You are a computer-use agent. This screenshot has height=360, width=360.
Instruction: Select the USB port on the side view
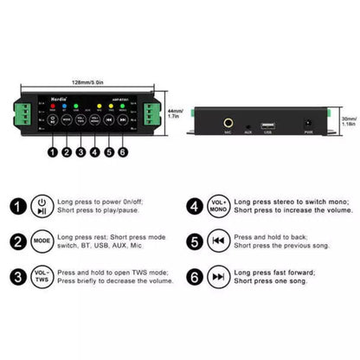[268, 125]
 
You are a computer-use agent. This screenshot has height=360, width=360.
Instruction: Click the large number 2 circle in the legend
[16, 241]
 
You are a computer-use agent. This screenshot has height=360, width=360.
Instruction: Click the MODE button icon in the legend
[42, 241]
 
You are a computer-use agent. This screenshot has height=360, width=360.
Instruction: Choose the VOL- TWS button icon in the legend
[42, 277]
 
